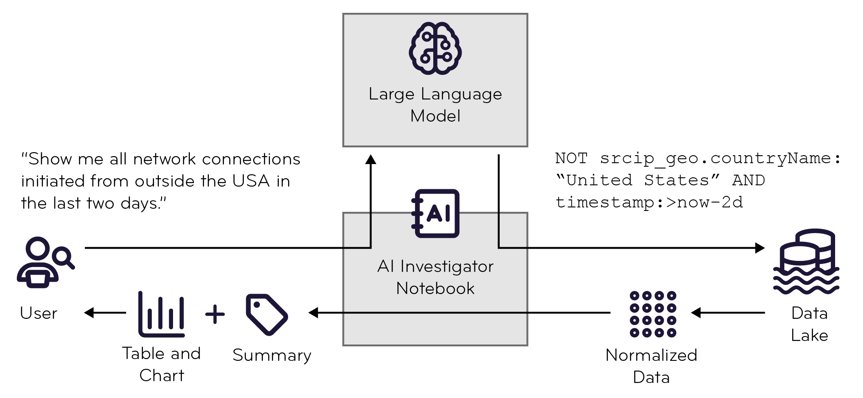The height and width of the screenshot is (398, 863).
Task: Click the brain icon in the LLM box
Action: (x=435, y=48)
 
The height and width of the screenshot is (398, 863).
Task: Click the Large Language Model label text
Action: (x=435, y=105)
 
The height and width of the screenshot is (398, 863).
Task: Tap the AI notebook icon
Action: (x=435, y=214)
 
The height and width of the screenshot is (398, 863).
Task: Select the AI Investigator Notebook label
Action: (x=435, y=277)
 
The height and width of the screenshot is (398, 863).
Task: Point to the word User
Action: (x=39, y=313)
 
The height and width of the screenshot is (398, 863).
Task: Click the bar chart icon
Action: (x=161, y=314)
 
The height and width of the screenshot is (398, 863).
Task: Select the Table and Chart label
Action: (x=161, y=364)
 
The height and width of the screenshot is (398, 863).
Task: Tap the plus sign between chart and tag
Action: (x=215, y=314)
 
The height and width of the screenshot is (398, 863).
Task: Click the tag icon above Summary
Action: (x=266, y=314)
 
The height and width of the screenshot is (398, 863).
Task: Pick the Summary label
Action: (x=272, y=355)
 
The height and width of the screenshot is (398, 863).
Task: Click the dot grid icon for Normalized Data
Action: (x=653, y=314)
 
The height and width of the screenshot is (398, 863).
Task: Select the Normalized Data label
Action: (x=651, y=366)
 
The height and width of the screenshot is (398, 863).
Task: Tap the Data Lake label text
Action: (x=809, y=324)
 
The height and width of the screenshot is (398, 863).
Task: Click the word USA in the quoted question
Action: (x=251, y=181)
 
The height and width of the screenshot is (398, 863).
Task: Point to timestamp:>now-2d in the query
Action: (x=649, y=202)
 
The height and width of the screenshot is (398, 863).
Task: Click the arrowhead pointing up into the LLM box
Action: (x=370, y=160)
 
